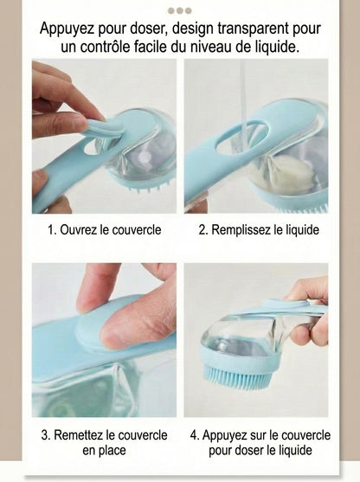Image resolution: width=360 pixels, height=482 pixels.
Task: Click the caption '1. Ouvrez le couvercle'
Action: [103, 230]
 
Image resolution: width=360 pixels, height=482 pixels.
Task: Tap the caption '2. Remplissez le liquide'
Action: [258, 230]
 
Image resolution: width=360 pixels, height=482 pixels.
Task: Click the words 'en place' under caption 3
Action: [104, 451]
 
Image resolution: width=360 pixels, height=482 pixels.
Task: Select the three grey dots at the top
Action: [179, 10]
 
